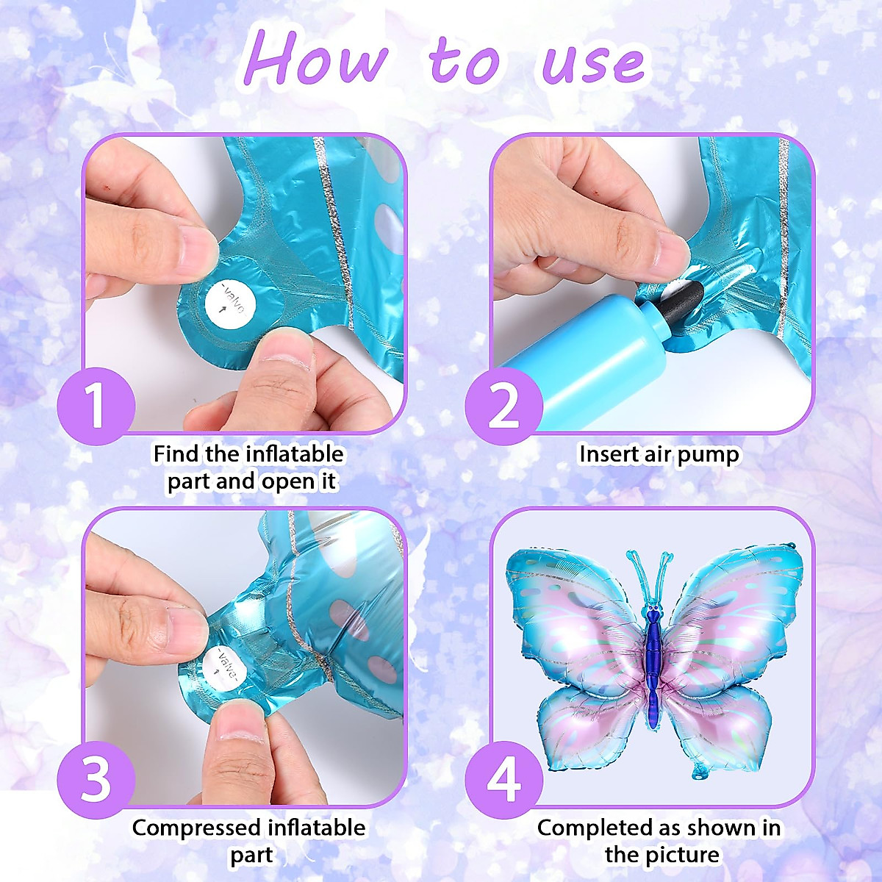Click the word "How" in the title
316,59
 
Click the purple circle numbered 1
96,406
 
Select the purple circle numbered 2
503,406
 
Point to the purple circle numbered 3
96,779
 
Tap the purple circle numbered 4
503,779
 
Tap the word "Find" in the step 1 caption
176,454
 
